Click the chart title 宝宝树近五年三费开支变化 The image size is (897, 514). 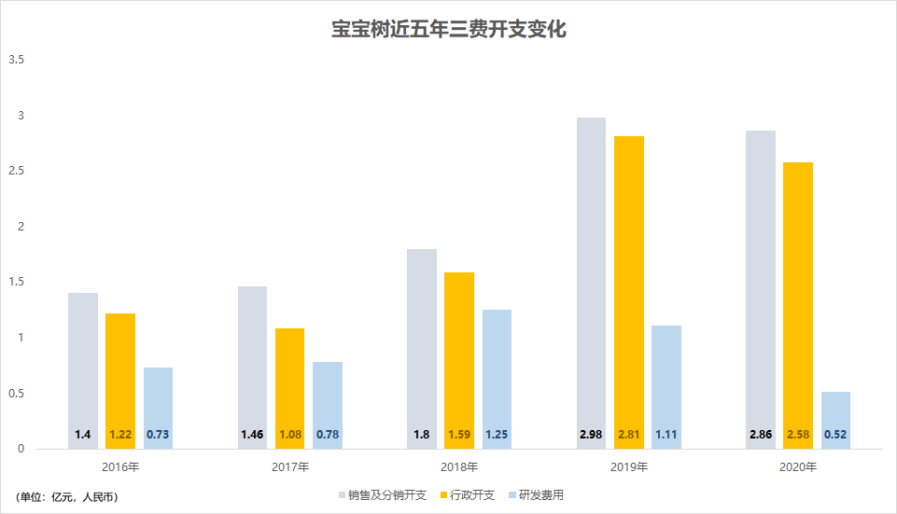click(449, 30)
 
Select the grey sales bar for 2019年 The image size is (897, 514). click(591, 280)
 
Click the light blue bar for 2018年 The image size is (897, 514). click(497, 373)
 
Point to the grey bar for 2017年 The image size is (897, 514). click(252, 364)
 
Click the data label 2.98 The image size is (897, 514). click(591, 436)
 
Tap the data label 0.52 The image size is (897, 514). click(835, 436)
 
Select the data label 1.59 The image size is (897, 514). click(459, 436)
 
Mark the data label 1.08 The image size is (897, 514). click(289, 436)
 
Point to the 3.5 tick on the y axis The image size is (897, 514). click(16, 60)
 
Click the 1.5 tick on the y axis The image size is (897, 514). click(16, 282)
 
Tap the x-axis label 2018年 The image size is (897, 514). click(459, 466)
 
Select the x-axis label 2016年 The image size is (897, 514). click(120, 466)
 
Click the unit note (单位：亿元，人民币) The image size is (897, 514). click(67, 496)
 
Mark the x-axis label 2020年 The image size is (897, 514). click(798, 466)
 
